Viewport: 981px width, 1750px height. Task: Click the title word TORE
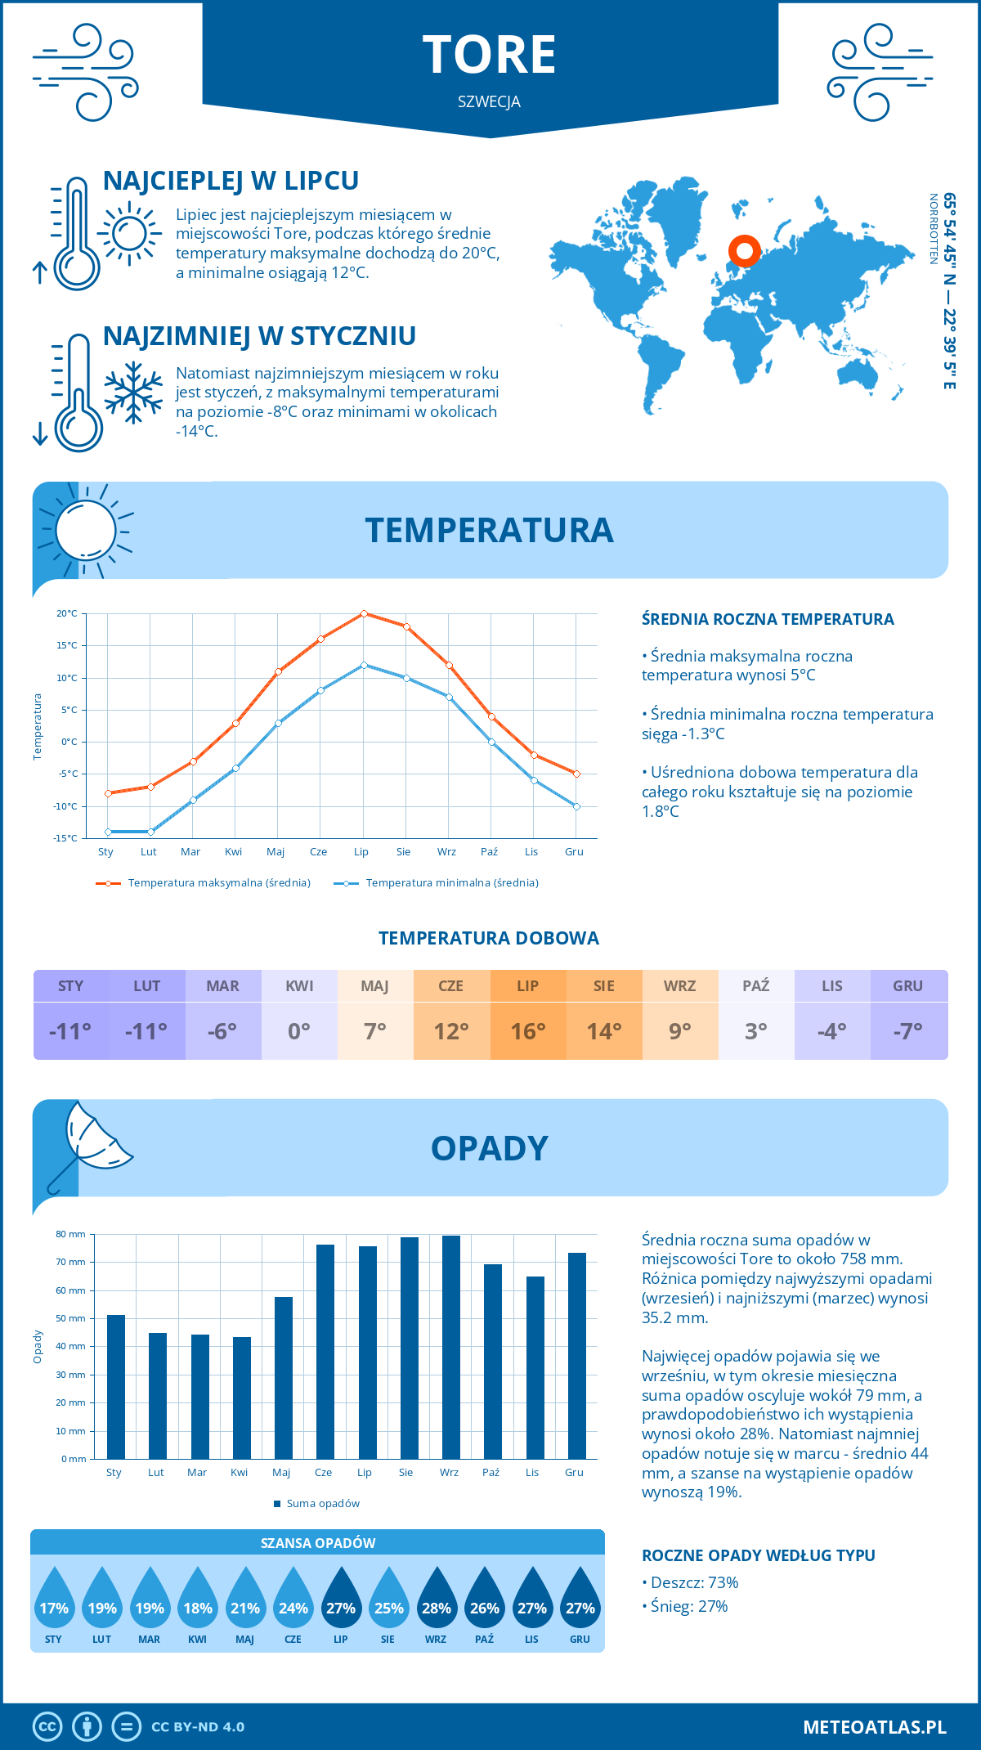(x=489, y=55)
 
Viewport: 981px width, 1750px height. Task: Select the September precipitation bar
(x=450, y=1347)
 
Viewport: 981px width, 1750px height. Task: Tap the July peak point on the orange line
(x=364, y=613)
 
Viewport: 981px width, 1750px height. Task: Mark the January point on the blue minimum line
(x=108, y=832)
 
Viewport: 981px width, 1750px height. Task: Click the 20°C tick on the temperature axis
(x=67, y=613)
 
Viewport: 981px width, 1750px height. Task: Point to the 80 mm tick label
(x=70, y=1234)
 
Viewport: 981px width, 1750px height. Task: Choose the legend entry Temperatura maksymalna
(x=219, y=883)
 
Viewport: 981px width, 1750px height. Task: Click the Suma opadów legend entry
(x=322, y=1503)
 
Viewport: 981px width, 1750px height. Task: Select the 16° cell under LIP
(x=527, y=1031)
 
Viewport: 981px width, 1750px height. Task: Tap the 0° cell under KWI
(x=299, y=1031)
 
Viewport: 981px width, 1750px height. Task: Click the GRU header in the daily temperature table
(x=907, y=985)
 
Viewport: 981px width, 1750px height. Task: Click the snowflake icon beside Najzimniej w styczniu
(x=133, y=393)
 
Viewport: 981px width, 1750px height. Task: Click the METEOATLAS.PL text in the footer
(x=874, y=1727)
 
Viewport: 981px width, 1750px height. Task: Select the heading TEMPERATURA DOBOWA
(x=489, y=938)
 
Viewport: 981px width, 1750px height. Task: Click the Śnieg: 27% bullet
(x=688, y=1606)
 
